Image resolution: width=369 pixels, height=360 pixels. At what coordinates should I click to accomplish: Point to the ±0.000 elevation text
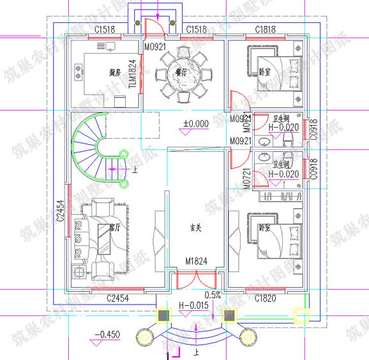[197, 123]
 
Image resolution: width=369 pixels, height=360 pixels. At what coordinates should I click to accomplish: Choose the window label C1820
[265, 298]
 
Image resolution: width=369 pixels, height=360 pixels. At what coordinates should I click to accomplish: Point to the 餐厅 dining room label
[180, 73]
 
